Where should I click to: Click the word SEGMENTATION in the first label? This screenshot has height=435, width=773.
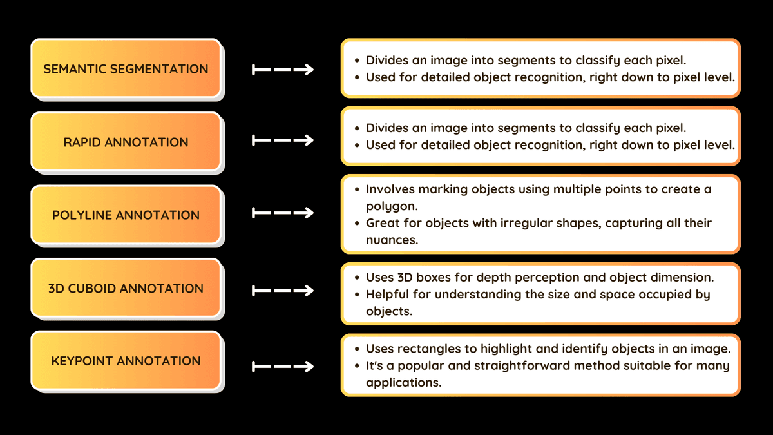[159, 69]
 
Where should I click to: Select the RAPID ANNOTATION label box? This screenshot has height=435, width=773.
[126, 142]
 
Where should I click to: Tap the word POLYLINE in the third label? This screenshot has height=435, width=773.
[82, 215]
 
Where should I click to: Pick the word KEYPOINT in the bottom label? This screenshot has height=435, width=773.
[82, 361]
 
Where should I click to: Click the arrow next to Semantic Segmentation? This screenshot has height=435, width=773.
[283, 70]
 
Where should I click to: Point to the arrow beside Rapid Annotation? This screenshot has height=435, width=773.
[283, 140]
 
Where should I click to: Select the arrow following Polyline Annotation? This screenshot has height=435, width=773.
[283, 213]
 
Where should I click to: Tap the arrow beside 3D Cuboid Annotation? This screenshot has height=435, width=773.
[283, 291]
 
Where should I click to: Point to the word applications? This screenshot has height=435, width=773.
[403, 383]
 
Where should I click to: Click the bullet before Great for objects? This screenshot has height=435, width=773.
[357, 224]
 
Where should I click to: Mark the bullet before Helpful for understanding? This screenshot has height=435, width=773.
[357, 295]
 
